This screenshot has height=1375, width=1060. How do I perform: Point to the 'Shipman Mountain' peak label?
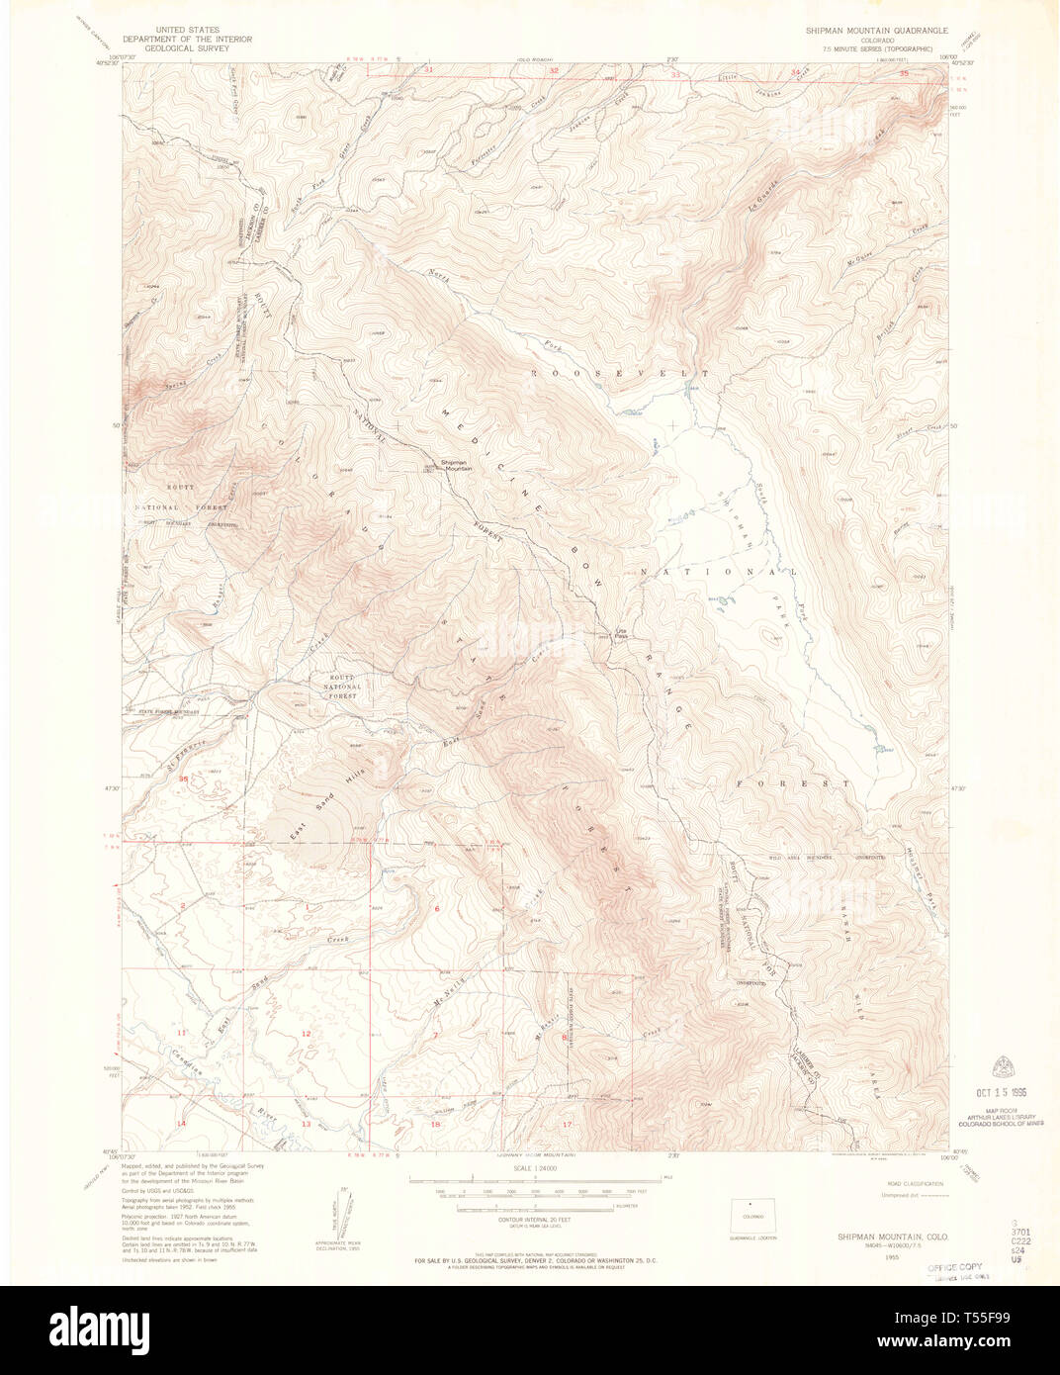[456, 465]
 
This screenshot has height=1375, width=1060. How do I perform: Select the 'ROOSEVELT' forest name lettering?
[620, 374]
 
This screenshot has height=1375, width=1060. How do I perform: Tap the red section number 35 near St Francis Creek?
[182, 779]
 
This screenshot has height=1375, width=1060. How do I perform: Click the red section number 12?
[306, 1034]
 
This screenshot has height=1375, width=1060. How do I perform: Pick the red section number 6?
[436, 907]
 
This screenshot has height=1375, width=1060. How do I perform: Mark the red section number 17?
[567, 1125]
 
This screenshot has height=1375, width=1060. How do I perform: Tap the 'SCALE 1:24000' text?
[534, 1168]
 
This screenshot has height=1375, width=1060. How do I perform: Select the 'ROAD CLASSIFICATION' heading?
[914, 1183]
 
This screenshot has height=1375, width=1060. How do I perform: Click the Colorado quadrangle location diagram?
[752, 1216]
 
